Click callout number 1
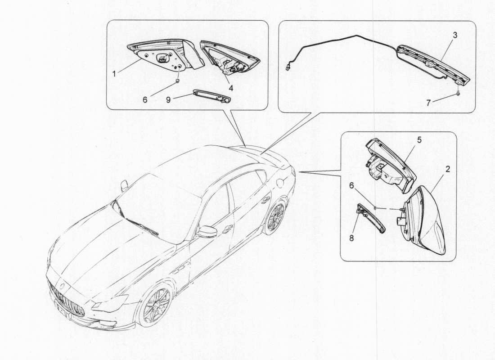pos(114,72)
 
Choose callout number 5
pos(419,140)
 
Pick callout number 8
pos(351,238)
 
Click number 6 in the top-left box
pos(145,100)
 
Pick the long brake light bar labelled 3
pos(434,65)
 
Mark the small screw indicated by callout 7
pos(458,94)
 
